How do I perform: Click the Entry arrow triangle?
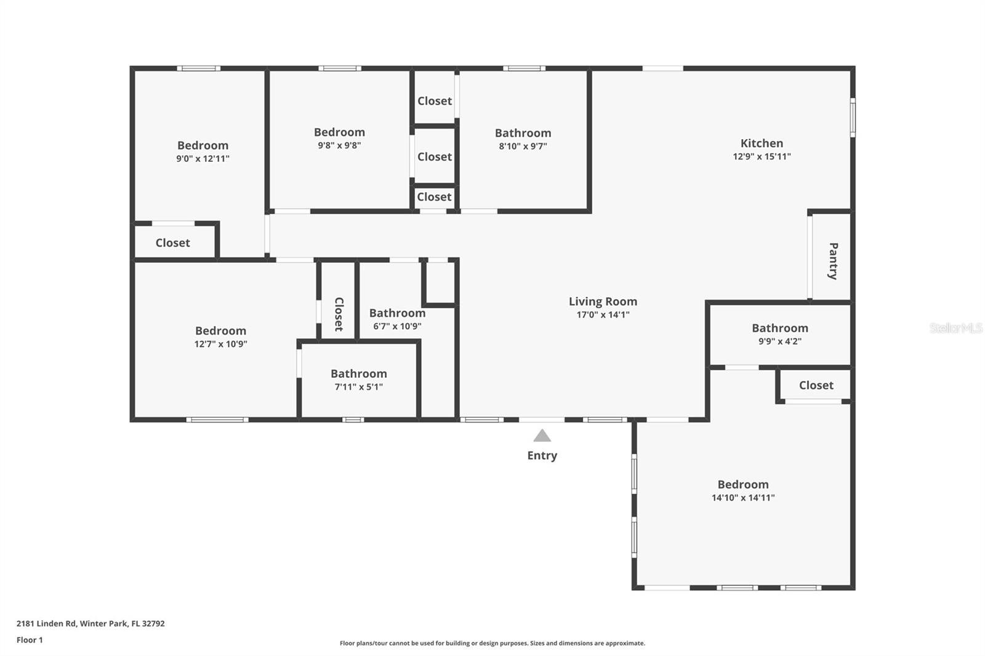(542, 436)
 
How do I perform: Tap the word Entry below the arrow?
(542, 455)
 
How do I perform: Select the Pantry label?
(833, 261)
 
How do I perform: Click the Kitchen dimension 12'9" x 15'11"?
(762, 156)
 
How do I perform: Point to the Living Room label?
(603, 302)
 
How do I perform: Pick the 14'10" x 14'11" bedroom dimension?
(743, 498)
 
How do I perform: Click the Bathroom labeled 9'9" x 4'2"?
(779, 328)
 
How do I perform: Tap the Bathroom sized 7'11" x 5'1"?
(358, 374)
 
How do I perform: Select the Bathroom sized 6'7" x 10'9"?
(397, 313)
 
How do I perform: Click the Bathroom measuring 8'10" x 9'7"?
(523, 133)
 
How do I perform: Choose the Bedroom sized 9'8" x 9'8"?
(339, 132)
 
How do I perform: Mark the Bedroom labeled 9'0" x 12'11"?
(203, 146)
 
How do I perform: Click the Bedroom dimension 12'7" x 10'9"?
(220, 344)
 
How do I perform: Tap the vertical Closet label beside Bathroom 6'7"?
(339, 314)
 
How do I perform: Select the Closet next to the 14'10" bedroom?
(816, 385)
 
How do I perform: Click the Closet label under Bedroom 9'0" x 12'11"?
(172, 243)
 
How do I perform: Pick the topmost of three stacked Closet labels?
(435, 101)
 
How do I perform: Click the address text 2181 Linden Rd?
(90, 623)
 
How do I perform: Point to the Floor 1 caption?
(30, 640)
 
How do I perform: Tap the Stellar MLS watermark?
(955, 328)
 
